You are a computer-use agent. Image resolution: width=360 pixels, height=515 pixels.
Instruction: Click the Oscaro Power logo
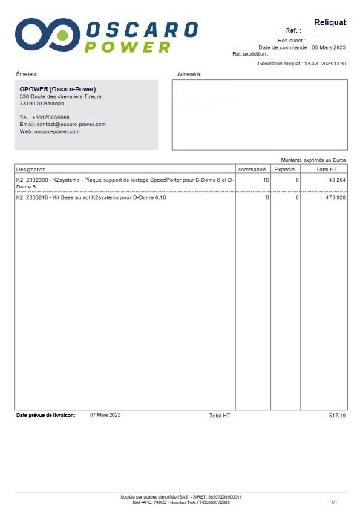107,36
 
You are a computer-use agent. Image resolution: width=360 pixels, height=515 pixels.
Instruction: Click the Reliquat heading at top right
330,23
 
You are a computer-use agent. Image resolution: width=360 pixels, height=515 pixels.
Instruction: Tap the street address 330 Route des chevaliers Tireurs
61,96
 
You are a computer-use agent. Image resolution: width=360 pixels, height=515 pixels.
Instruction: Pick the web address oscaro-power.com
56,131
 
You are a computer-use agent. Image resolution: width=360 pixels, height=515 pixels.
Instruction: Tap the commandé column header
253,169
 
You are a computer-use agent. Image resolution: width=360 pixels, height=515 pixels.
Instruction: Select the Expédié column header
285,169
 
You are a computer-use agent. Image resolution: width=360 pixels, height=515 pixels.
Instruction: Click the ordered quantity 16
266,180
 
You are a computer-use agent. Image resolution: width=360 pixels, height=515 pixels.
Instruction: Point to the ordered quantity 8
267,198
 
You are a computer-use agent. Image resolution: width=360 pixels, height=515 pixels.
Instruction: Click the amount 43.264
336,180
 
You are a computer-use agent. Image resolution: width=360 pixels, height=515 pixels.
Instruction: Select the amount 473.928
335,198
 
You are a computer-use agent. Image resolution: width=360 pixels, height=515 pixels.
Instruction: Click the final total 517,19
337,416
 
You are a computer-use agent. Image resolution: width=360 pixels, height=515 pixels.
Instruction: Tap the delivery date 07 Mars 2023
105,415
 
